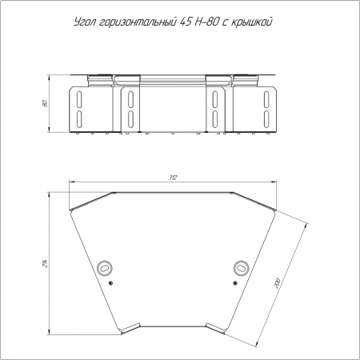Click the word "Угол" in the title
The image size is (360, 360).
(84, 22)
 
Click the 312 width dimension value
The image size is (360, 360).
(173, 178)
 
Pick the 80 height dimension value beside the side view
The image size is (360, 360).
(45, 103)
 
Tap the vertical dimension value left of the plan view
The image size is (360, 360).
(46, 263)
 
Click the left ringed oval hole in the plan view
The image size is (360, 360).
(105, 267)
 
